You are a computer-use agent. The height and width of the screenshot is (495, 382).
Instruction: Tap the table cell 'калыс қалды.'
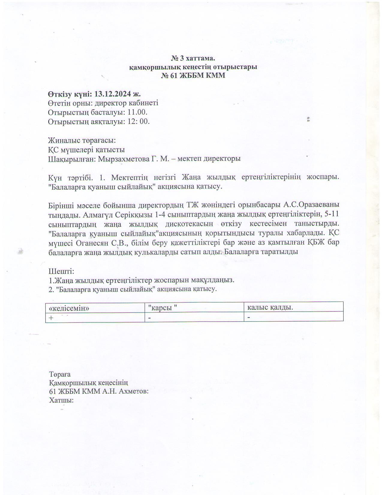coord(270,307)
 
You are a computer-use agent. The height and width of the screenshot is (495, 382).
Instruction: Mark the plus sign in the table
coord(52,318)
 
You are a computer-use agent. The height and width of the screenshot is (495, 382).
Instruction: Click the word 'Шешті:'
coord(61,271)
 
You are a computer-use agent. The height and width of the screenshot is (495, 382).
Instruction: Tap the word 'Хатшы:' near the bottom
coord(61,400)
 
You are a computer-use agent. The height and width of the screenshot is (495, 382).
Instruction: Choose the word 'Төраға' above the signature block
coord(60,374)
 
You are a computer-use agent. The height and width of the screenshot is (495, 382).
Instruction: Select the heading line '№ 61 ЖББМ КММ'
coord(193,76)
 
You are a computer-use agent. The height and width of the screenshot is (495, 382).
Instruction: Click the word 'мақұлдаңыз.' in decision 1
coord(214,280)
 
